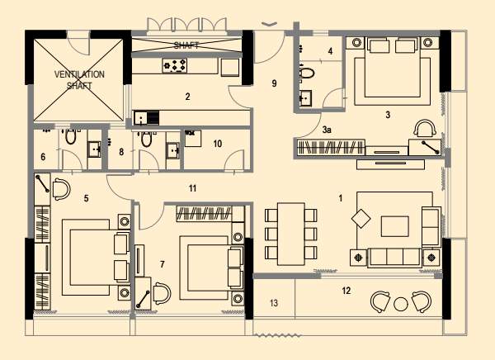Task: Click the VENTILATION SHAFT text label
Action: [80, 78]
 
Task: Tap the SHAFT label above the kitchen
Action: [186, 45]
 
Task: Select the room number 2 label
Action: [187, 97]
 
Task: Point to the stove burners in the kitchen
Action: [175, 64]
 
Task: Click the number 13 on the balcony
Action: [274, 303]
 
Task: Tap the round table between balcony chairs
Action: [401, 303]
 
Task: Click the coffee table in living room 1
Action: [394, 225]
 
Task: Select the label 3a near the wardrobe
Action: [328, 130]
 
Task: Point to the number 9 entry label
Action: [275, 83]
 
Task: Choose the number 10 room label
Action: [217, 143]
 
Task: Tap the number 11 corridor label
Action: [192, 189]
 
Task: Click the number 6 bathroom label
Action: [43, 156]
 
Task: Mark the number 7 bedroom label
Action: [163, 264]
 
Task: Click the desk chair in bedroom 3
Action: [424, 128]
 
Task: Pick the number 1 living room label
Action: [340, 197]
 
